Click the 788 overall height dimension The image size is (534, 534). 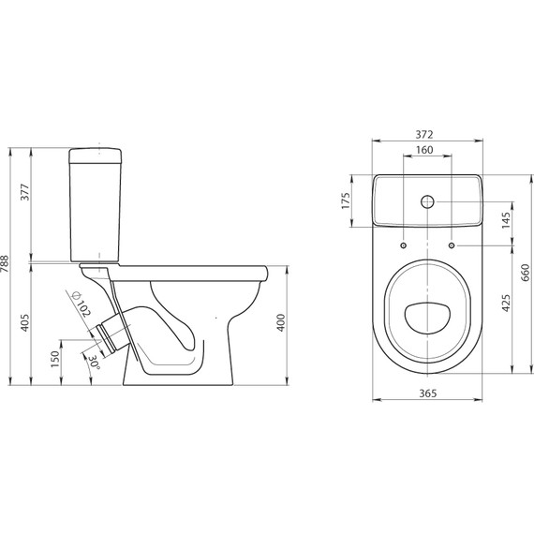pos(5,263)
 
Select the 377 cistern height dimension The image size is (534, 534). pos(25,192)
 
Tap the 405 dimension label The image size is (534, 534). pos(25,322)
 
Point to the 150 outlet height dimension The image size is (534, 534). pos(55,359)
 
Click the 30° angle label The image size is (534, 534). pos(95,363)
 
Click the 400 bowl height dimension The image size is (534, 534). pos(281,322)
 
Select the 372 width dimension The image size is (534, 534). pos(424,135)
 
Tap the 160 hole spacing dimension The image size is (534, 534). pos(424,150)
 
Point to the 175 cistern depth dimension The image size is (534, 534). pos(346,200)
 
